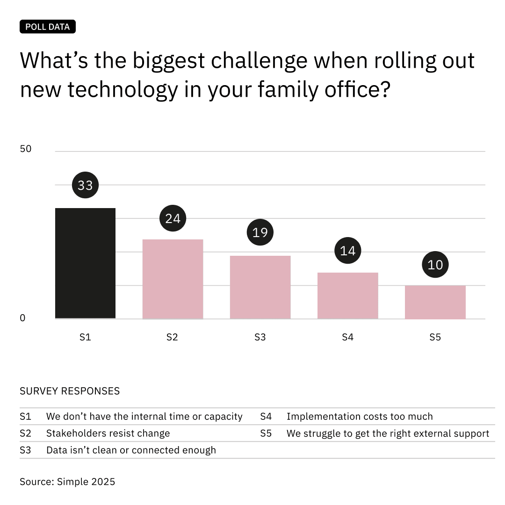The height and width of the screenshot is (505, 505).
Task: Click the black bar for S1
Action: coord(85,263)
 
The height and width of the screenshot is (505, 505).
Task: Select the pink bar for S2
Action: coord(173,279)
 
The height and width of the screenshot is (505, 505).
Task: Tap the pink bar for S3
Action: coord(260,287)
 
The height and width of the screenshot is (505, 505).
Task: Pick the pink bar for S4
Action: coord(347,296)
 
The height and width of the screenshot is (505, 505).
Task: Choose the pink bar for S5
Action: coord(435,302)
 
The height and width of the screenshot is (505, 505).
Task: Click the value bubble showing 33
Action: coord(85,185)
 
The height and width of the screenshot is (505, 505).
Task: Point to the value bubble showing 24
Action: coord(173,218)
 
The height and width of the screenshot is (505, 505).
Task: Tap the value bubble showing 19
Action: coord(260,232)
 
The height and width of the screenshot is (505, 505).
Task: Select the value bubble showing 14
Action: coord(347,251)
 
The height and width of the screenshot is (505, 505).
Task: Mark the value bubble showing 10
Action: coord(435,265)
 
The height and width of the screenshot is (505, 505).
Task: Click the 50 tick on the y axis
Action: coord(26,149)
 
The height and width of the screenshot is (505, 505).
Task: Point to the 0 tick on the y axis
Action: coord(22,318)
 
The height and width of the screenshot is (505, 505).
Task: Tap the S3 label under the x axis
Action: coord(260,337)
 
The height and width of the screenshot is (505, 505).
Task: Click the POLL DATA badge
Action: coord(48,27)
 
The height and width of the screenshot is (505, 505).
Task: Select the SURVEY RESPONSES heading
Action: coord(70,391)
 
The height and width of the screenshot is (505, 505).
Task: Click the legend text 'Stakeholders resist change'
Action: coord(108,433)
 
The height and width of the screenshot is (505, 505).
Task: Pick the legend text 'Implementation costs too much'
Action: coord(360,417)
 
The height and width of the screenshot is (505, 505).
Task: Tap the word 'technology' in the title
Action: coord(123,89)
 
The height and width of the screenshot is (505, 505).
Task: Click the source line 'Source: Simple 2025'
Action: coord(67,482)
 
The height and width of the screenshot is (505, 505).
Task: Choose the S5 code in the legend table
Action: coord(266,433)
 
